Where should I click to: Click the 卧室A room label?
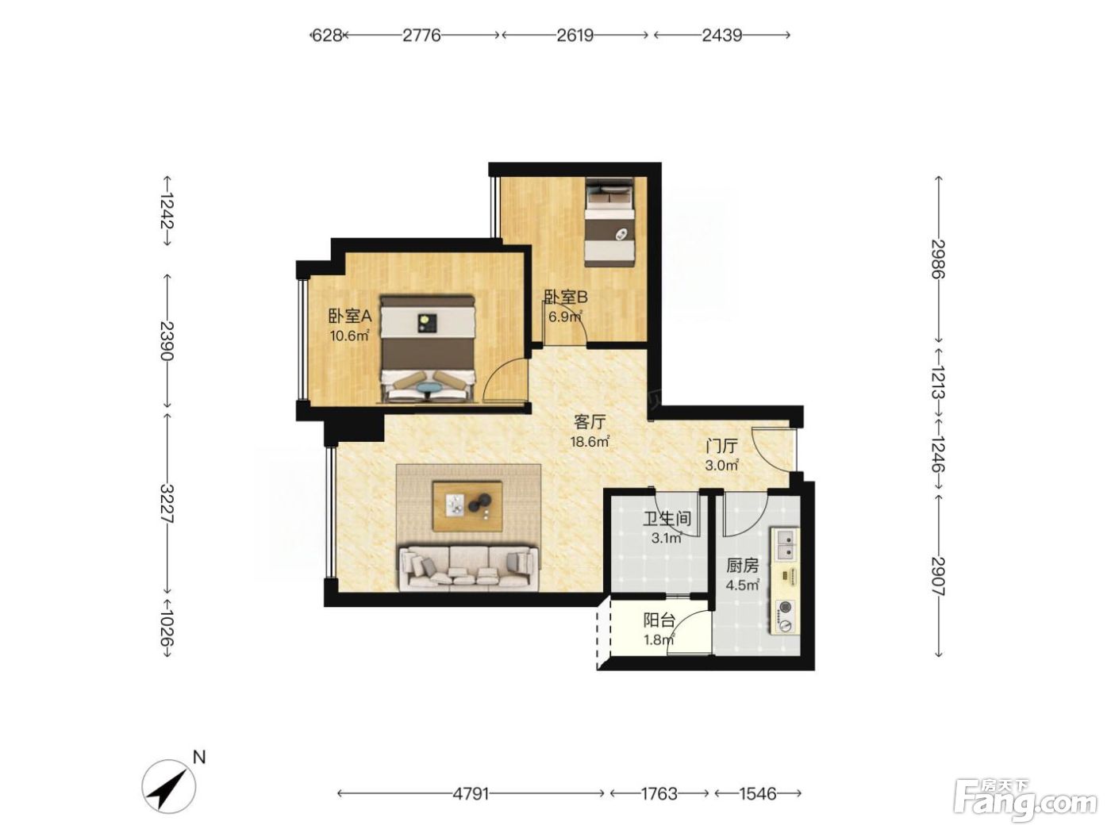[x=350, y=317]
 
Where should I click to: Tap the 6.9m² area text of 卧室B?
[x=565, y=317]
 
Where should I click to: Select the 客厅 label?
[x=590, y=420]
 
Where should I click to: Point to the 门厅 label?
[x=722, y=446]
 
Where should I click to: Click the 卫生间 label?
[x=667, y=518]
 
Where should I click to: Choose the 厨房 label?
[x=742, y=565]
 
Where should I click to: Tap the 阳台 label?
[x=659, y=620]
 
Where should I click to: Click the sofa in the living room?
[x=468, y=568]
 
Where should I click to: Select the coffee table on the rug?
[x=467, y=506]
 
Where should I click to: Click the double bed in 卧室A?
[x=429, y=350]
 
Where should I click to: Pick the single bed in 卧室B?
[x=609, y=221]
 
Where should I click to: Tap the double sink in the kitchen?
[x=785, y=544]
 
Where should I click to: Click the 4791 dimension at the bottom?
[x=471, y=793]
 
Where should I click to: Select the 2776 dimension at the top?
[x=421, y=36]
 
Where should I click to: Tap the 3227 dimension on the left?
[x=167, y=504]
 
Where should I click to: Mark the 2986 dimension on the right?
[x=938, y=259]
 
